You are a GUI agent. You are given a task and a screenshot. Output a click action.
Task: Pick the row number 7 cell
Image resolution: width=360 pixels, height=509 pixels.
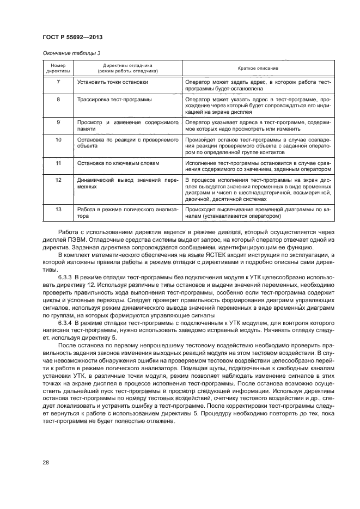(x=58, y=82)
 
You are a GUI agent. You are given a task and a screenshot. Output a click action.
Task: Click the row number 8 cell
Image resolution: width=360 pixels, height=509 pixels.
(x=58, y=100)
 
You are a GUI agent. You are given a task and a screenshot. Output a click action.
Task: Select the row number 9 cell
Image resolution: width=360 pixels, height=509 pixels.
(x=58, y=122)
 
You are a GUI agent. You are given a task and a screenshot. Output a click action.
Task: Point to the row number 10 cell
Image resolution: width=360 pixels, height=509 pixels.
(x=58, y=140)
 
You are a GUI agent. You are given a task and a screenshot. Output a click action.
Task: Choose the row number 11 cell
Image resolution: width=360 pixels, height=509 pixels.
(x=58, y=163)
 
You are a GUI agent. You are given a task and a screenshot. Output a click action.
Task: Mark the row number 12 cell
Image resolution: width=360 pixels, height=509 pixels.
(x=58, y=179)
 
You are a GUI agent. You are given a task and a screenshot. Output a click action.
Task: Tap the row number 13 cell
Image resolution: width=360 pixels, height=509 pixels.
(x=58, y=208)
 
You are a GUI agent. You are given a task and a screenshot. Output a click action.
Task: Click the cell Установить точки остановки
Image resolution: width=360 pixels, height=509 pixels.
(x=113, y=82)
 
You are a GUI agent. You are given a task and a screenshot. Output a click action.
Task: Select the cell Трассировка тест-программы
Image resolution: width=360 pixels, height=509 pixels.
(x=114, y=100)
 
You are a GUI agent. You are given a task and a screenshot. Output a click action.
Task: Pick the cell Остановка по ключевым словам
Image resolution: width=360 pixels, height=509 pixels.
(x=119, y=163)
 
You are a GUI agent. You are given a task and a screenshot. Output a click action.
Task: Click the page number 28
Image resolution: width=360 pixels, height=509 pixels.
(x=46, y=462)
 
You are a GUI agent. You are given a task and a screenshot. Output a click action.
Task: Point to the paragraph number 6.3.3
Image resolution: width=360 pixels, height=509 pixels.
(x=66, y=277)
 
